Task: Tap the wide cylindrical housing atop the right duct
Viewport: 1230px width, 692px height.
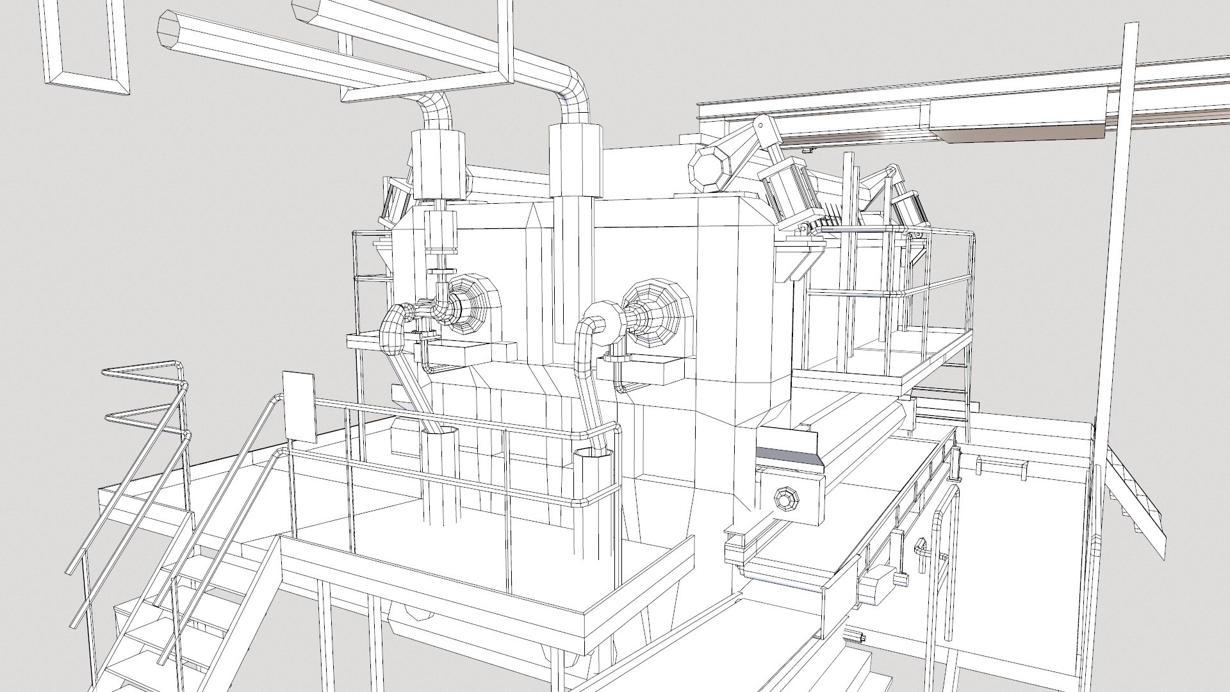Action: [x=576, y=160]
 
